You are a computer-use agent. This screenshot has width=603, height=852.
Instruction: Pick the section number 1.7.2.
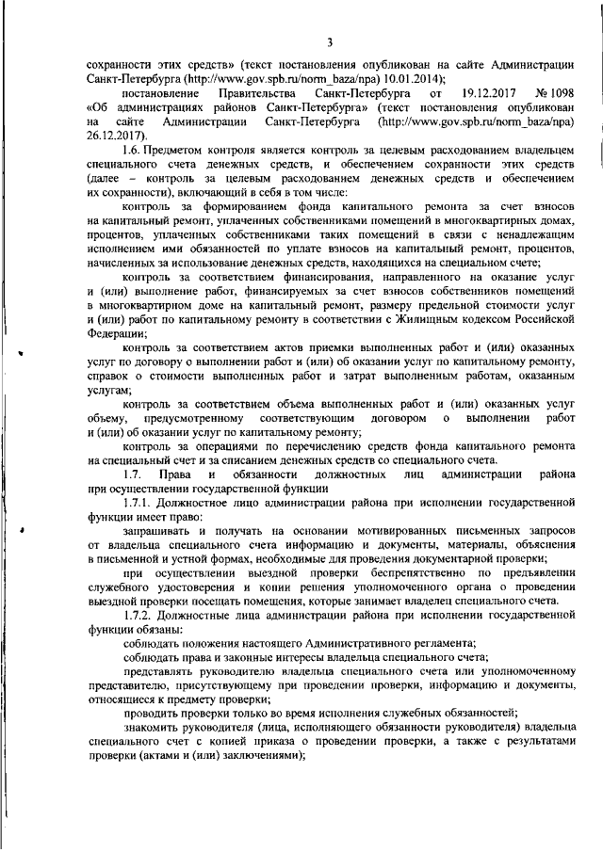140,614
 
